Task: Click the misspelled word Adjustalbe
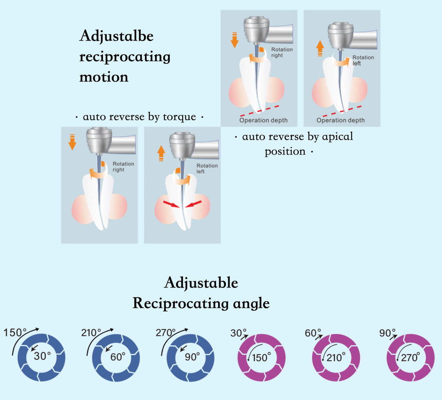116,36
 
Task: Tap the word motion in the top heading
104,77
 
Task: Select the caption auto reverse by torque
139,117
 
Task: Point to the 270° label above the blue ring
165,333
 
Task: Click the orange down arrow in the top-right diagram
235,41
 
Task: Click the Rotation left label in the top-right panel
363,61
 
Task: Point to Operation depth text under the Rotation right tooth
263,120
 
